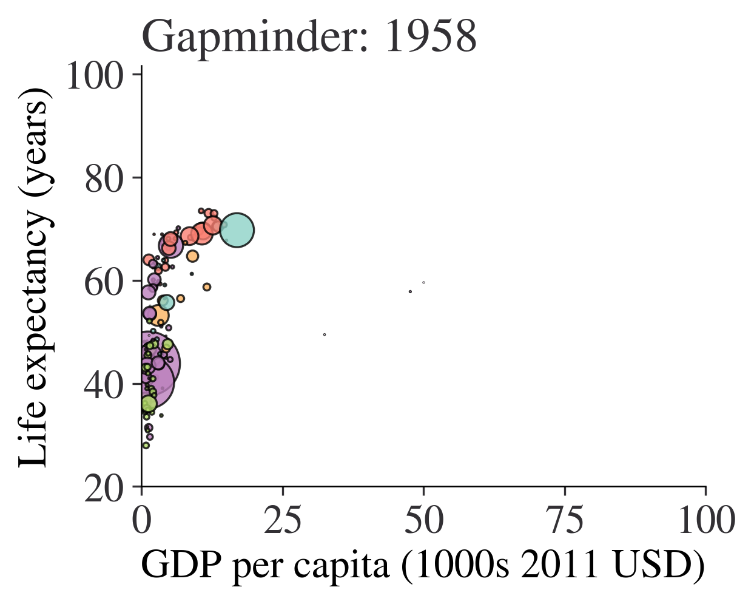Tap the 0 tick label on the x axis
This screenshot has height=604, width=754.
coord(142,521)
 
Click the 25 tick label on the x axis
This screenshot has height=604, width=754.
coord(283,521)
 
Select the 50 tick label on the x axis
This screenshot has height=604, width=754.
coord(424,521)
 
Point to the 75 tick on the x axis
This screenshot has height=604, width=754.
coord(565,521)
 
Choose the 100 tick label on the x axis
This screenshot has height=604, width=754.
coord(705,521)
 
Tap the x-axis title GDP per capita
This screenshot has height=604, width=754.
coord(423,565)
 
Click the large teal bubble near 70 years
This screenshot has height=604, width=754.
coord(237,230)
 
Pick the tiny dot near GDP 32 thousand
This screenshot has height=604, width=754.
coord(325,334)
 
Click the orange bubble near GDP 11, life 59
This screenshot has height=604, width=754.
coord(207,287)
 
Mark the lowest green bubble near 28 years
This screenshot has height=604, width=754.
coord(146,446)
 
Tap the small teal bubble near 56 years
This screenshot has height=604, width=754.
coord(167,302)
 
